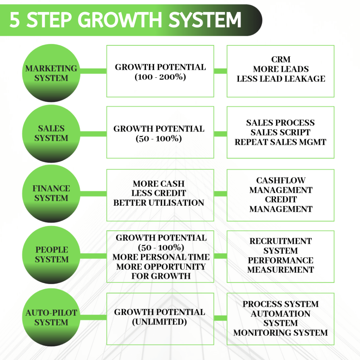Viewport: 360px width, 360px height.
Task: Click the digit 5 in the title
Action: pos(15,20)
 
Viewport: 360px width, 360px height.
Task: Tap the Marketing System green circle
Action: pos(51,73)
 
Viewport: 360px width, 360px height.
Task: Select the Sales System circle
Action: pos(51,133)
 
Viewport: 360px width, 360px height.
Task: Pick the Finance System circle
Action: pos(51,193)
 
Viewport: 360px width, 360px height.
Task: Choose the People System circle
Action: pos(51,255)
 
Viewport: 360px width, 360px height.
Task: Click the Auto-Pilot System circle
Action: pos(51,317)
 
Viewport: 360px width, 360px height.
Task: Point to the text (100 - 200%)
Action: pos(160,77)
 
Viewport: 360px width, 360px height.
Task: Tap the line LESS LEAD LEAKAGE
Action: pos(281,79)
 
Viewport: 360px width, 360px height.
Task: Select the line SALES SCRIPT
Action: pos(281,133)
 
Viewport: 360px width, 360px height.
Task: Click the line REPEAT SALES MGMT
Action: pos(281,142)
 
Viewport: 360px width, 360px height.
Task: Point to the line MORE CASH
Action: pos(159,184)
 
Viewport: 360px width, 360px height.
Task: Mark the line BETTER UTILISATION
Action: pos(159,203)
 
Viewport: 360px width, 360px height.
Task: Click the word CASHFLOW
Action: pos(281,181)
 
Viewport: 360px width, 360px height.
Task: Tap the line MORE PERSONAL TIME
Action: pos(161,257)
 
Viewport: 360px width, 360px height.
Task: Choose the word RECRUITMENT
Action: pos(281,241)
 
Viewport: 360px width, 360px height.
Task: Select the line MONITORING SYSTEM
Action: pos(281,333)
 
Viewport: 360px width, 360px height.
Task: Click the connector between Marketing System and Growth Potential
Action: pos(93,71)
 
